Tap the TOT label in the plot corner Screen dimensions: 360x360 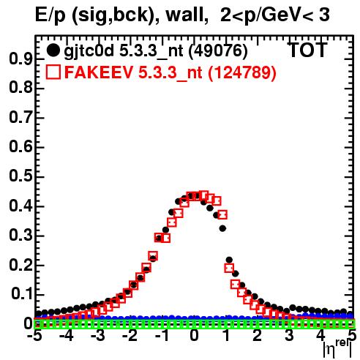tap(308, 50)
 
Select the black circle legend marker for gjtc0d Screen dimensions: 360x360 tap(53, 50)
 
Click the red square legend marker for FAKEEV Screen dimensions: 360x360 tap(53, 72)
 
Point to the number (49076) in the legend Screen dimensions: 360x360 tap(218, 51)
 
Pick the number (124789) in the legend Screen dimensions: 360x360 tap(242, 72)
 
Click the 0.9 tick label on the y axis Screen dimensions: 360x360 tap(20, 59)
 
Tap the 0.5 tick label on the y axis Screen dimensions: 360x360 tap(20, 177)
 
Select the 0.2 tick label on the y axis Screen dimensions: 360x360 tap(20, 266)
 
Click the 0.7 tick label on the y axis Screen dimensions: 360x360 tap(20, 118)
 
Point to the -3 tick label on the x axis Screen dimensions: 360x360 tap(98, 336)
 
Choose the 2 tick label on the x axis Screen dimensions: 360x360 tap(258, 336)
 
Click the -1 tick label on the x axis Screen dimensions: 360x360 tap(162, 336)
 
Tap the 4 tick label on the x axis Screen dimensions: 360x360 tap(320, 336)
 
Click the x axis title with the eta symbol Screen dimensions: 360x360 tap(337, 349)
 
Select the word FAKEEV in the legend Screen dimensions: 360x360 tap(99, 72)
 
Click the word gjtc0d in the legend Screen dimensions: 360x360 tap(89, 52)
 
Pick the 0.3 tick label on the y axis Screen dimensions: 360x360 tap(20, 236)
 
